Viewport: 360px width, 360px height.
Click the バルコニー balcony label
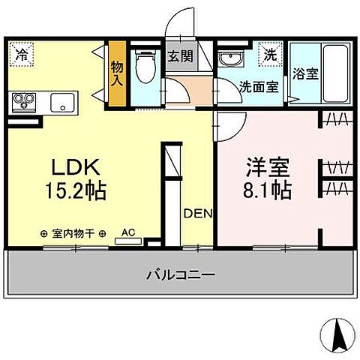click(180, 275)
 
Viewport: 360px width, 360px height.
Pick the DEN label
click(198, 214)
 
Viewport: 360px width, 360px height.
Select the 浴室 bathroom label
click(304, 76)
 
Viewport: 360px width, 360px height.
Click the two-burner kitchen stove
click(24, 102)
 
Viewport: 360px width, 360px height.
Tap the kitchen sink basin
click(63, 102)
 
